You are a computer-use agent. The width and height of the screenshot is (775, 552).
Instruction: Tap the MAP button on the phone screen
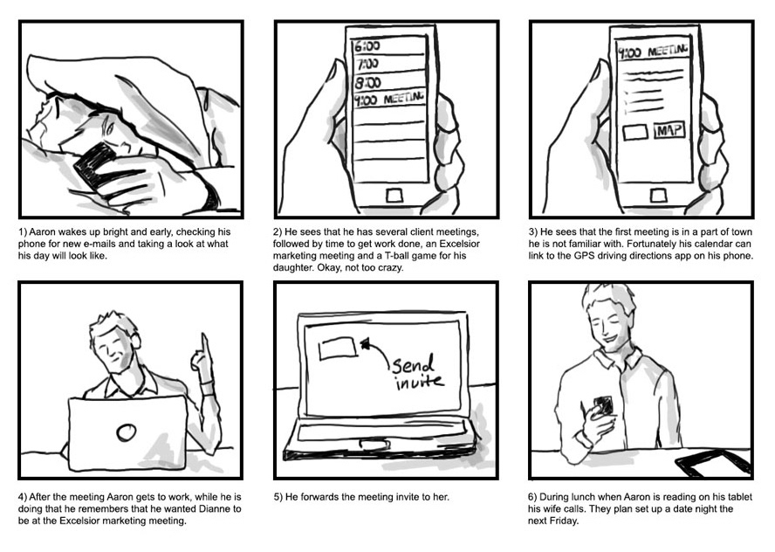(669, 131)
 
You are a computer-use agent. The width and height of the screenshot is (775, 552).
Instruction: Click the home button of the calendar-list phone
(394, 196)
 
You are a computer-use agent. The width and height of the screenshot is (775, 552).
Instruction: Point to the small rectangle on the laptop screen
(338, 348)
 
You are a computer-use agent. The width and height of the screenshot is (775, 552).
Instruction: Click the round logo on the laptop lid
(127, 432)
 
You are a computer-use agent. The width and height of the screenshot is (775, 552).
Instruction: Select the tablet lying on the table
(712, 464)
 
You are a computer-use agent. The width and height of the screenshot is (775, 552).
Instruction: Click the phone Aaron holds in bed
(95, 167)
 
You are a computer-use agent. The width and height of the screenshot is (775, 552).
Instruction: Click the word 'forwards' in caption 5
(321, 497)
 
